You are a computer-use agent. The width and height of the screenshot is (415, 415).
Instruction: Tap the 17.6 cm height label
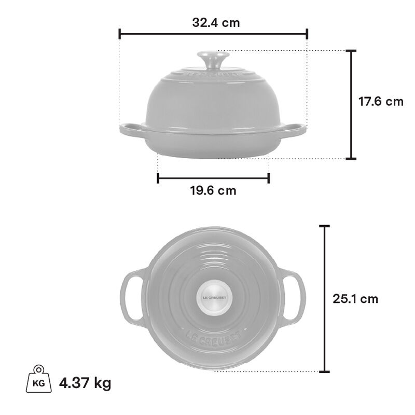pos(381,101)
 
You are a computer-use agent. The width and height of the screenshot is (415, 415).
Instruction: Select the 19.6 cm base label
pos(213,190)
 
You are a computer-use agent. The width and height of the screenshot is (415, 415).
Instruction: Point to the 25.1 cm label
pos(355,299)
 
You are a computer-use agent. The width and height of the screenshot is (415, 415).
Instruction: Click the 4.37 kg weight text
pos(85,383)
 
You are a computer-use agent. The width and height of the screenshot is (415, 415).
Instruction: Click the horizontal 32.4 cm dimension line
pos(213,34)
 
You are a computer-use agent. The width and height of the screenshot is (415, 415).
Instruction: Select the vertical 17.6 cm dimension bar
pos(352,104)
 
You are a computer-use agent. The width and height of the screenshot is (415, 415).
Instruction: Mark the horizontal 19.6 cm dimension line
pos(213,178)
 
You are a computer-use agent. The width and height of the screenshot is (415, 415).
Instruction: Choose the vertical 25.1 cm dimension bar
pos(325,299)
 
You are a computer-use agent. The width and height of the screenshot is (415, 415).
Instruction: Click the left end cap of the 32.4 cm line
pos(120,34)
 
